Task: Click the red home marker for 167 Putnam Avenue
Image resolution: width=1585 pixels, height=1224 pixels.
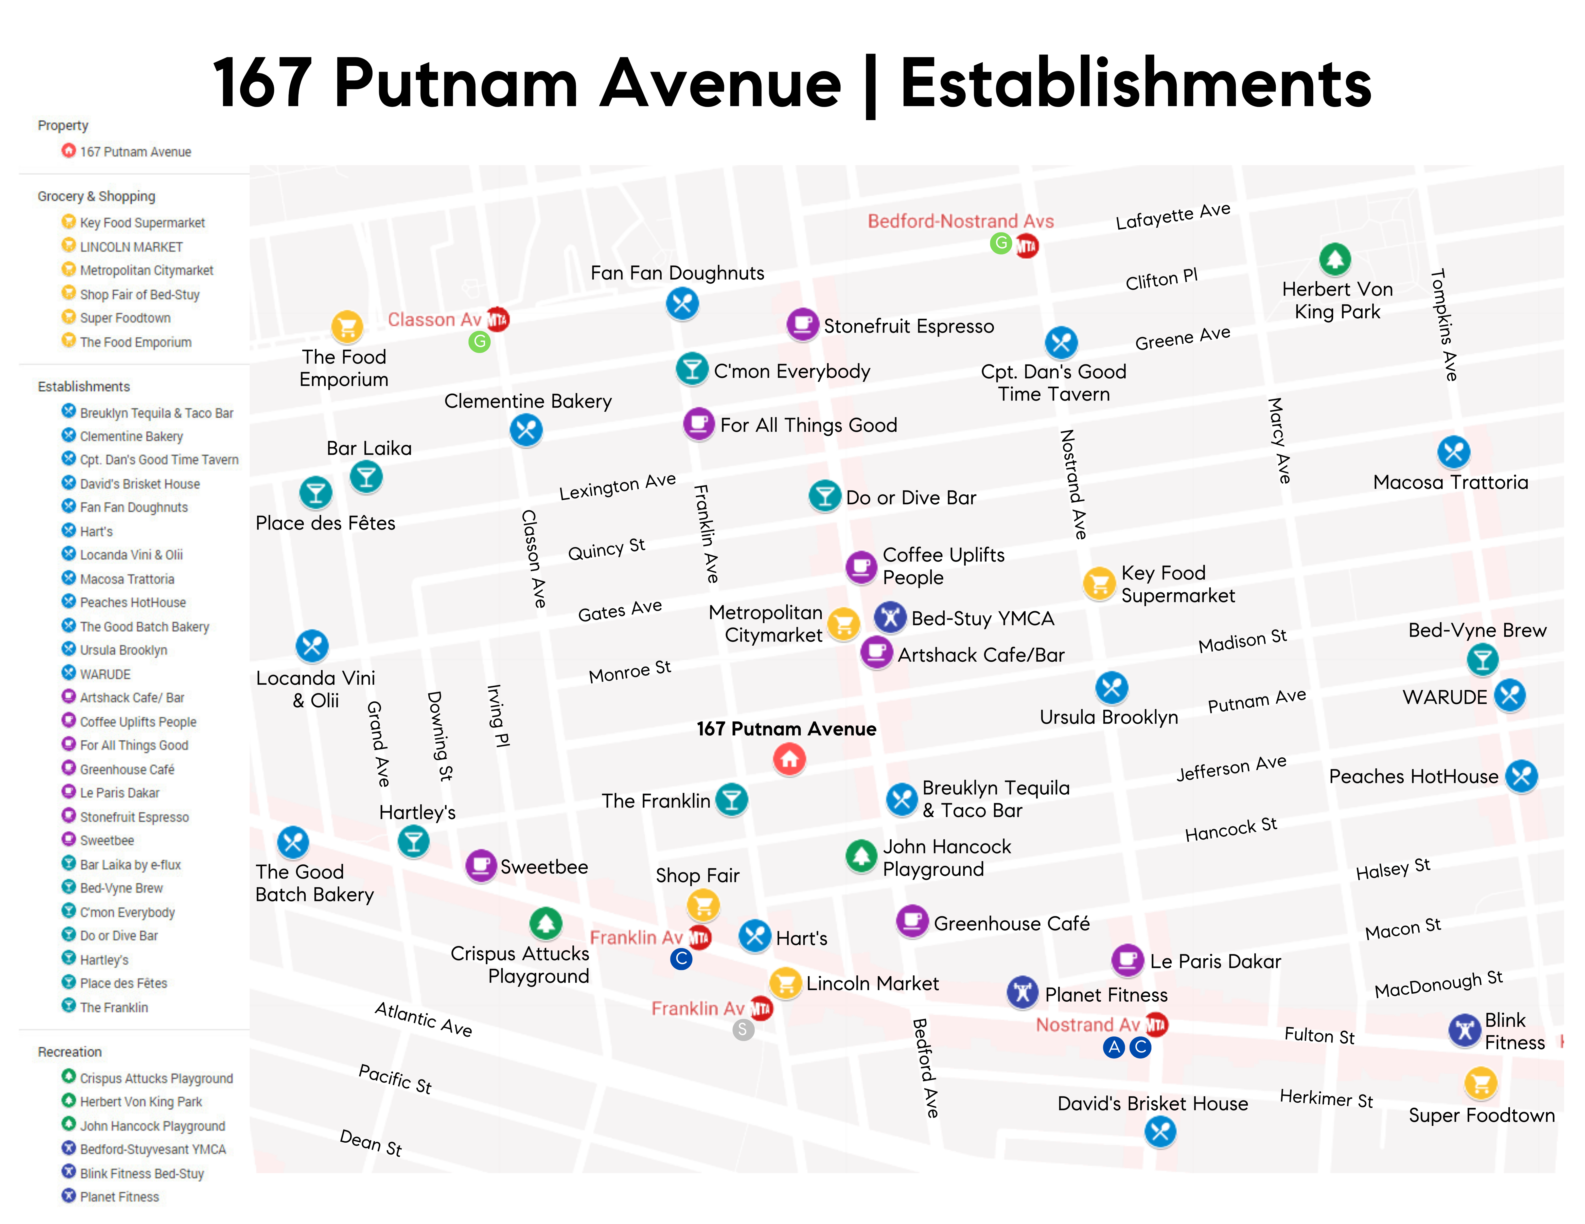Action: (789, 759)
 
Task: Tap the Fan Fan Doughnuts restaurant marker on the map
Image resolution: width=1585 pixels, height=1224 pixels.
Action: (682, 303)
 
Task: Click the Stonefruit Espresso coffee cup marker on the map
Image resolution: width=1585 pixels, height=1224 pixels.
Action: (803, 324)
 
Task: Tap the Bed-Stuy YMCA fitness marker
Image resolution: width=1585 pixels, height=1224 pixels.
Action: (890, 617)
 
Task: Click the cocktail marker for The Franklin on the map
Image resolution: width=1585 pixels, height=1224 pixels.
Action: (732, 799)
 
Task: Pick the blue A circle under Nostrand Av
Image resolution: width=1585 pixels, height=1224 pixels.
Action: (1113, 1047)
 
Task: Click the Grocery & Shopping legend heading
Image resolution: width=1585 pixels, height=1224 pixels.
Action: (97, 196)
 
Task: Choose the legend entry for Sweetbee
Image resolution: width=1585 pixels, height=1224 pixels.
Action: (107, 840)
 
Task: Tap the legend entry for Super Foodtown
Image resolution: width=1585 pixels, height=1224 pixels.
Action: (125, 318)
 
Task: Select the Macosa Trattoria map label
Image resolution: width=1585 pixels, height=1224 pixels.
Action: (1450, 483)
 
